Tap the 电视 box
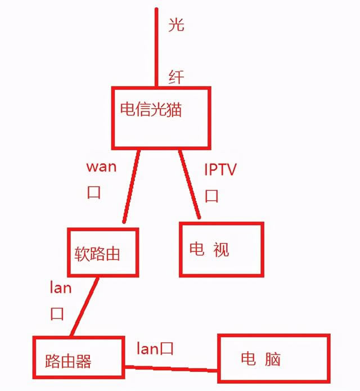point(221,249)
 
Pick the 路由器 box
point(78,358)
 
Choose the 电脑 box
point(273,358)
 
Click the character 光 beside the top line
point(176,25)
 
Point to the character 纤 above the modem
point(176,77)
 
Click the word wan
point(102,168)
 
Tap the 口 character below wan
point(93,193)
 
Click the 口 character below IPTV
point(211,196)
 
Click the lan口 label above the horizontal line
point(155,348)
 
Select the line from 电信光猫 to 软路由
point(130,186)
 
